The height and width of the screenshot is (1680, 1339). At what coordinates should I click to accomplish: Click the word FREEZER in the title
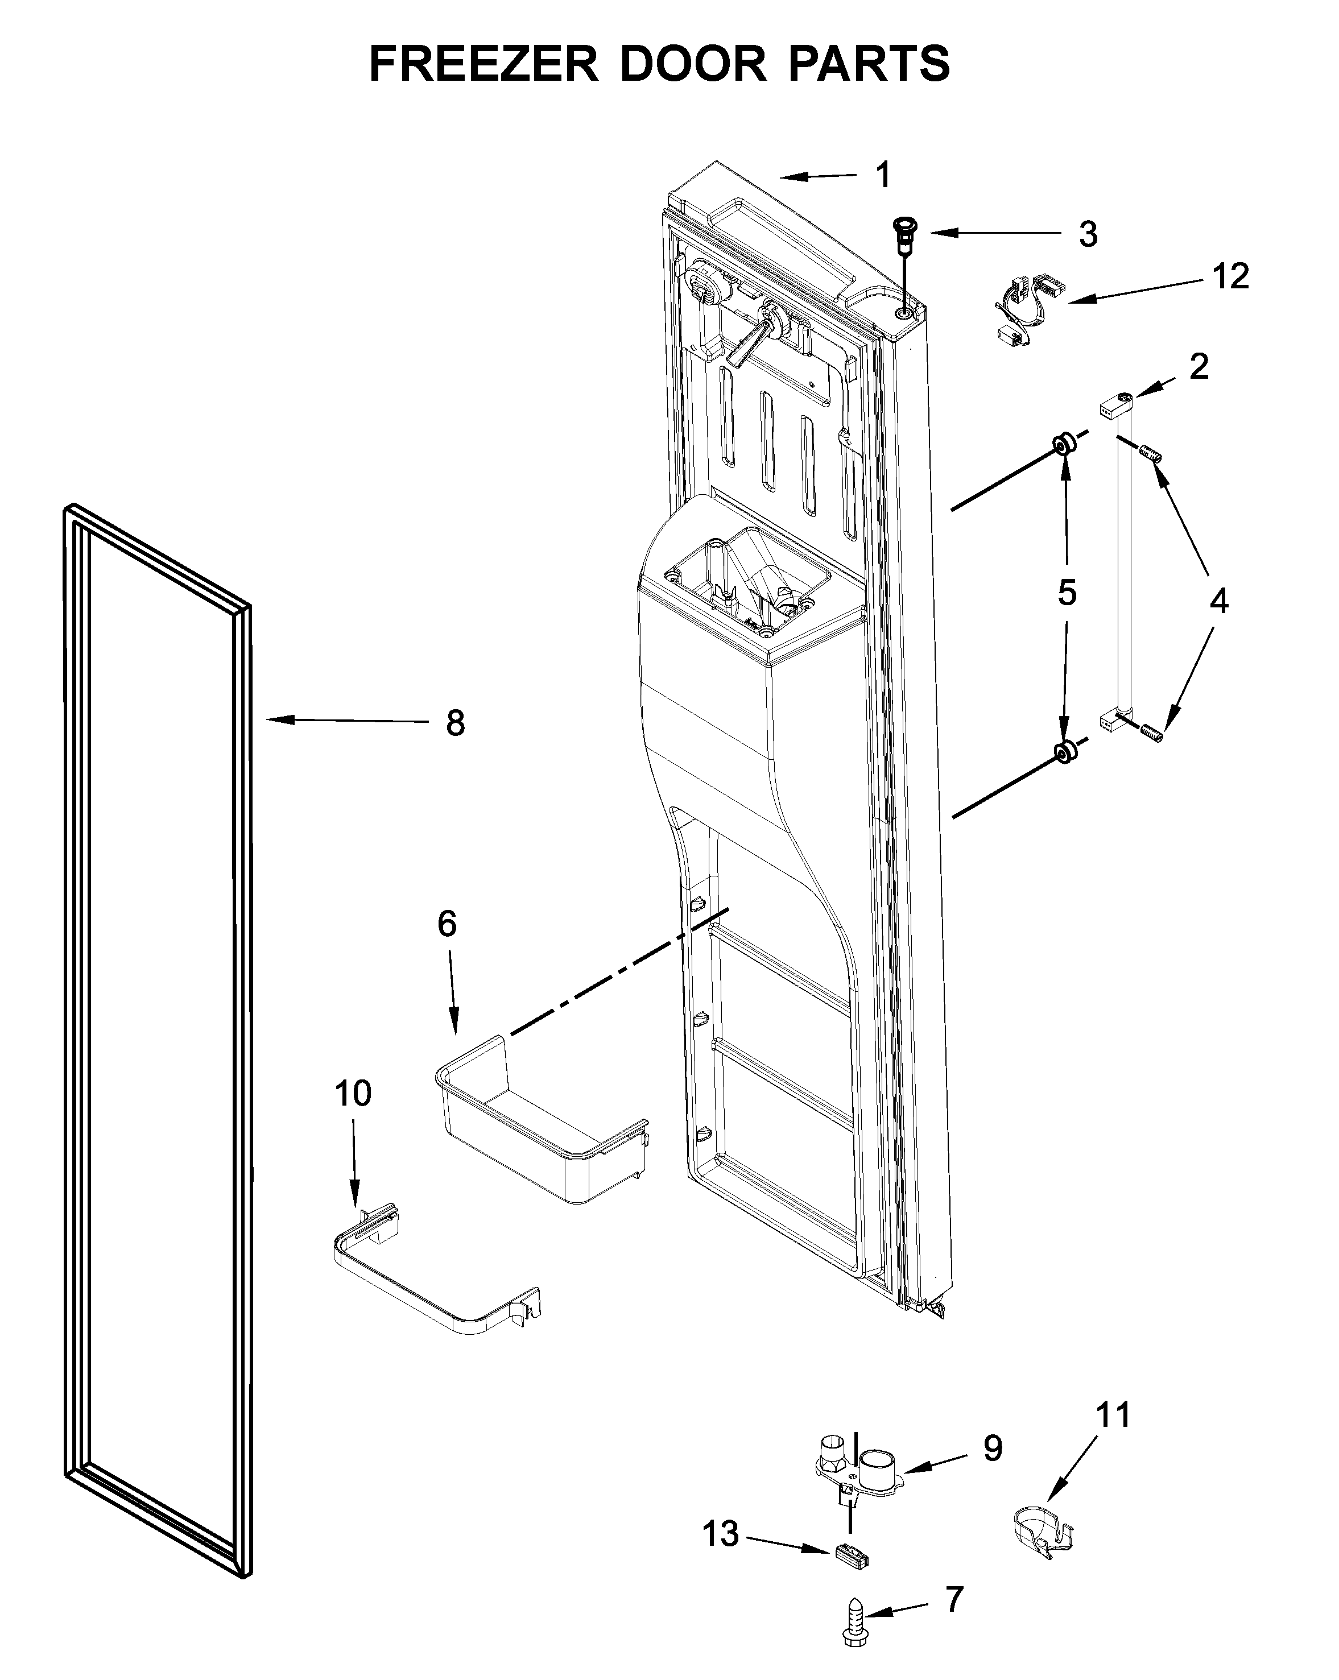[483, 64]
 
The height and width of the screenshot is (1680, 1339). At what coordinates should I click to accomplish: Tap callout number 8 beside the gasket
[455, 723]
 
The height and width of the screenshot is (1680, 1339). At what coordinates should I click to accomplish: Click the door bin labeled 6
[538, 1122]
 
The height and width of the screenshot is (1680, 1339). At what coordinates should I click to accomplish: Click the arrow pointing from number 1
[819, 177]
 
